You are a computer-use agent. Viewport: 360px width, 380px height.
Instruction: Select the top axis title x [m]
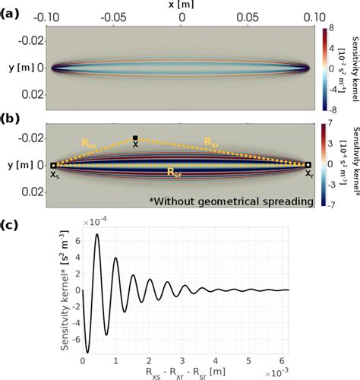tap(180, 5)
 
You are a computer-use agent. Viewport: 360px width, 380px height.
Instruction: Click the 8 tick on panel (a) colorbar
tap(333, 28)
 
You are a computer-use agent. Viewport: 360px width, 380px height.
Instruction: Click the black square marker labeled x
tap(135, 138)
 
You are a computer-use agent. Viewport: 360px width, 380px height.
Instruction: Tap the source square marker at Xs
tap(52, 165)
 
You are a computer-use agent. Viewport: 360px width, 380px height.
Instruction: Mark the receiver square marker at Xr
tap(309, 165)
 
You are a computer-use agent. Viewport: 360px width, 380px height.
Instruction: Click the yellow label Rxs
tap(90, 142)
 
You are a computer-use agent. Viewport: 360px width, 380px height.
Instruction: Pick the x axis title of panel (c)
tap(194, 373)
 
